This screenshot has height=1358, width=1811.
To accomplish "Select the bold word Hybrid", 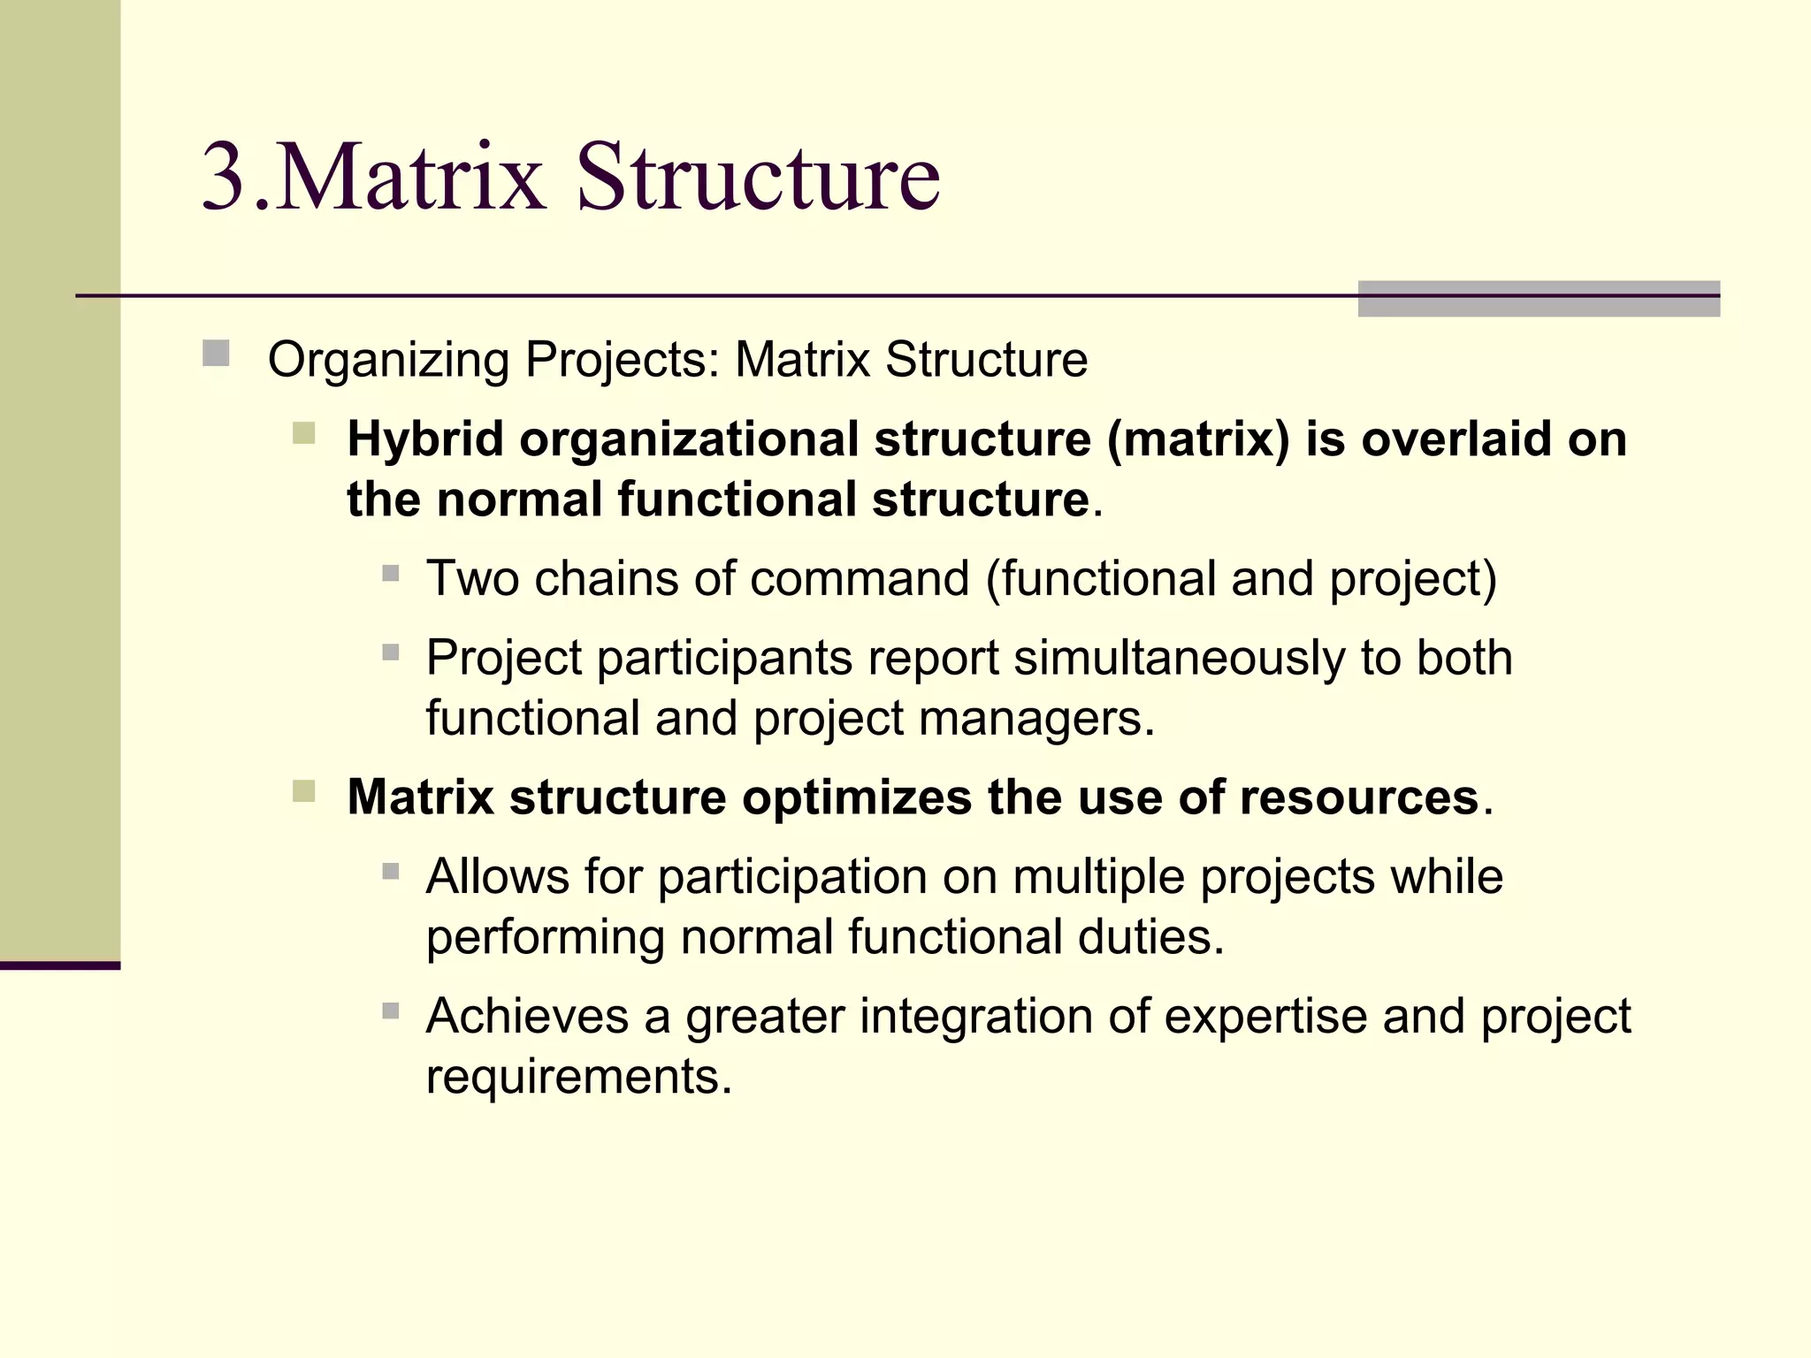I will pos(424,439).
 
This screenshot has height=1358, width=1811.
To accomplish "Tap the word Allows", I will pos(497,877).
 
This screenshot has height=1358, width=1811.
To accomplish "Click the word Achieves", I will pos(527,1016).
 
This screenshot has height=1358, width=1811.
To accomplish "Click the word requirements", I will pos(578,1077).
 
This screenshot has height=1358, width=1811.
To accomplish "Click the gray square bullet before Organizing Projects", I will pos(216,354).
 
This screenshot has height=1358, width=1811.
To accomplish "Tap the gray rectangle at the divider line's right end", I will pos(1538,299).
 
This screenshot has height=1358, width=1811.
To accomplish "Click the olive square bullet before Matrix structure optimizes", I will pos(303,790).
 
